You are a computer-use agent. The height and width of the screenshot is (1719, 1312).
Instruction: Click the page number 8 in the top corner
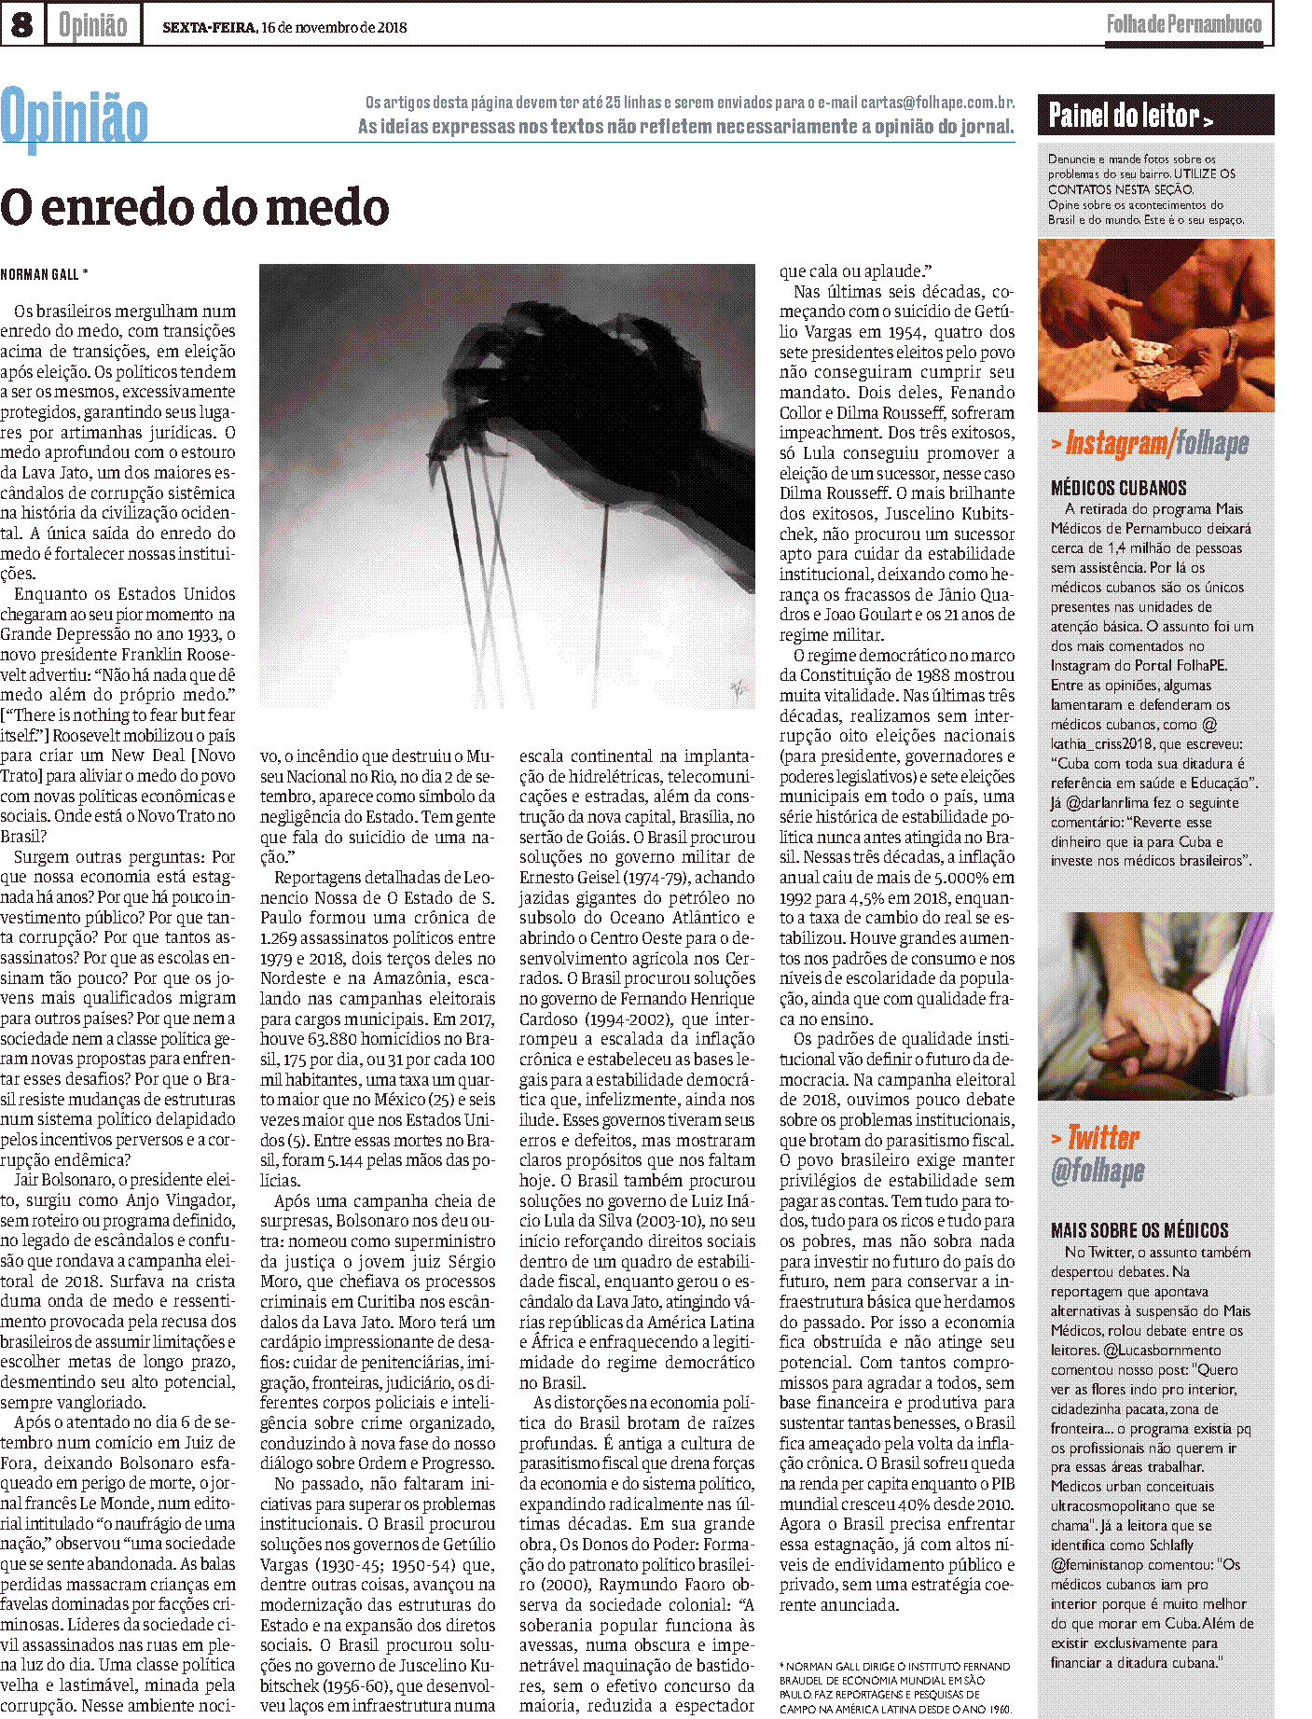click(x=21, y=24)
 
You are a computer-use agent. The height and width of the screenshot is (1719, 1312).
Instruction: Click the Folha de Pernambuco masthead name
click(x=1183, y=24)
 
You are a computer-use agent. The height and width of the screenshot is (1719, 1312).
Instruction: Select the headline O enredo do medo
click(x=194, y=207)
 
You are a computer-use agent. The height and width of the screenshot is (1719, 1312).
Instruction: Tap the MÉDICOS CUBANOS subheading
click(x=1118, y=488)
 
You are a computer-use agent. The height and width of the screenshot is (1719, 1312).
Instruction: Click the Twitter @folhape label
click(x=1098, y=1154)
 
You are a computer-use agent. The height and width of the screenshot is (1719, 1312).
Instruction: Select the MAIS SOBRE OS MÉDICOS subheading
click(x=1139, y=1230)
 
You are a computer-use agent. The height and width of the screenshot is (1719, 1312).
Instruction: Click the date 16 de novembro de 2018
click(x=334, y=27)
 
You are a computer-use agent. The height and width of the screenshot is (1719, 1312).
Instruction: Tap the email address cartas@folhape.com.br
click(x=937, y=103)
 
